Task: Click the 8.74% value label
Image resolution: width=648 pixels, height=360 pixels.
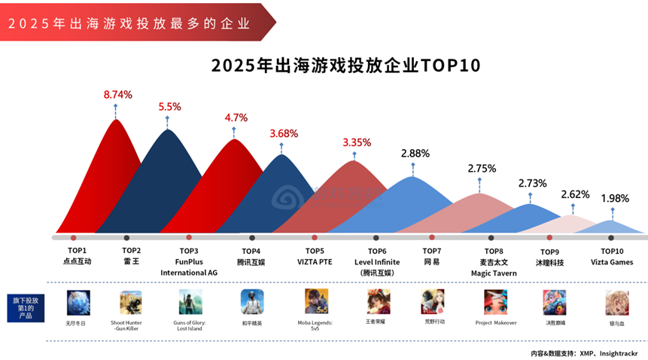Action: (x=117, y=95)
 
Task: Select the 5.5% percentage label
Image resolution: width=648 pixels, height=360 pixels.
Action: (x=169, y=107)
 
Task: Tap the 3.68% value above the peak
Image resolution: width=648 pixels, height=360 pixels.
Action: (x=284, y=133)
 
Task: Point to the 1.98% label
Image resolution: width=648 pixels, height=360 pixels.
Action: (x=615, y=199)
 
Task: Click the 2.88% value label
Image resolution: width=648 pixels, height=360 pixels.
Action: (x=415, y=153)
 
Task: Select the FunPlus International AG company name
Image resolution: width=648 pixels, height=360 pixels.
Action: (x=189, y=267)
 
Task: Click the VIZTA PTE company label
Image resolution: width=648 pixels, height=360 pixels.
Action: (x=315, y=262)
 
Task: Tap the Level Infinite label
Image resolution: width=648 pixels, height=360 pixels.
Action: (x=377, y=262)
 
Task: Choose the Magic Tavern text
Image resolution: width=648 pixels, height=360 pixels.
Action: (x=494, y=273)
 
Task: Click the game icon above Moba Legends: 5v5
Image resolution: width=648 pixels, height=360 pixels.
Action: (x=315, y=301)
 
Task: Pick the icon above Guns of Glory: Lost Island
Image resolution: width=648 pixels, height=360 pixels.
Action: (x=190, y=302)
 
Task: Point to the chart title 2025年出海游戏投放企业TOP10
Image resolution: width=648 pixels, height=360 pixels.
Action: (x=345, y=66)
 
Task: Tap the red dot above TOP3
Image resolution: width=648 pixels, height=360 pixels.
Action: (x=189, y=238)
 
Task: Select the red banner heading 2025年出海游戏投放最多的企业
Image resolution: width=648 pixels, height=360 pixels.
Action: (x=129, y=23)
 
